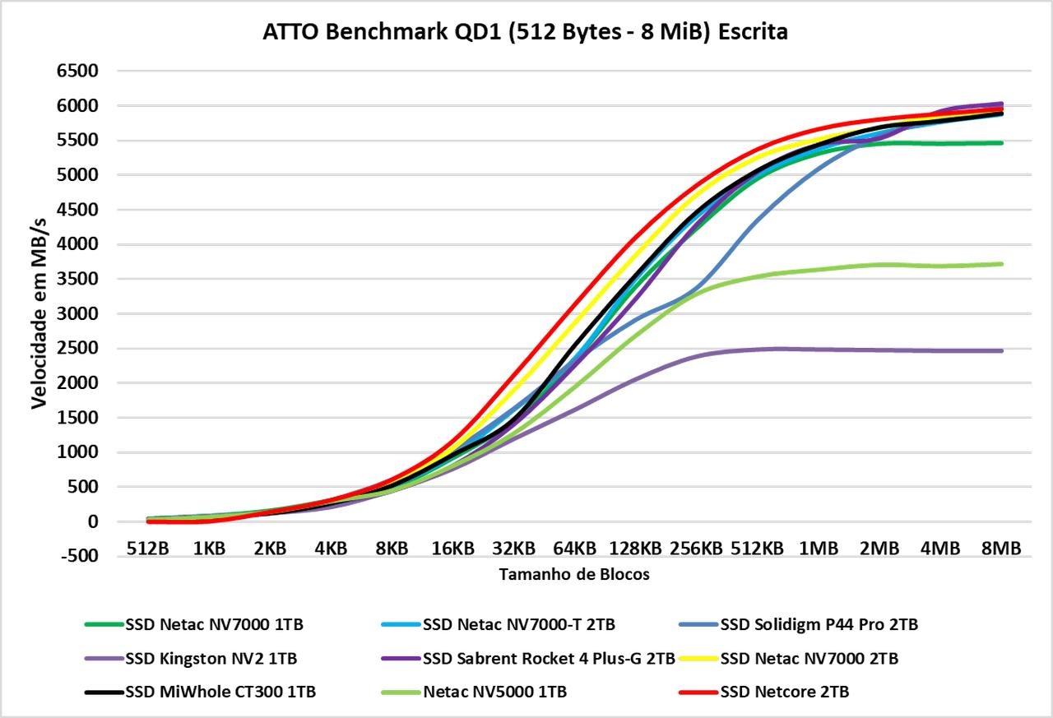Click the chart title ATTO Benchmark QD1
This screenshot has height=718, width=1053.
[525, 32]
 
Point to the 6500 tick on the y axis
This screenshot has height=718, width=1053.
[76, 72]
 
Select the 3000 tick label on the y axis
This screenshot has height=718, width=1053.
[76, 314]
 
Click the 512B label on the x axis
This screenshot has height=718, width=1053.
[147, 548]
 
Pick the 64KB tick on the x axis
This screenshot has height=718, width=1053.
[574, 548]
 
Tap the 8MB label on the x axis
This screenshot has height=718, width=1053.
[1000, 548]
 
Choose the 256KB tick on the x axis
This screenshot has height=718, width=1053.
[696, 548]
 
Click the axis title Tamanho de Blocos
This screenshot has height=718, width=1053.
[574, 575]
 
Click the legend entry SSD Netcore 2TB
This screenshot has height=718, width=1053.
[784, 693]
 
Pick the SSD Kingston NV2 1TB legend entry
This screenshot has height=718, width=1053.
[211, 659]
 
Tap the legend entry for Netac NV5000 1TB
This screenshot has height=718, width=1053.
[494, 693]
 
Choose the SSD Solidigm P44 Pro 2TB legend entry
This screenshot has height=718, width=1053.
[819, 625]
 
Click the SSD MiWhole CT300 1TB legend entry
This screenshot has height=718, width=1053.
[220, 693]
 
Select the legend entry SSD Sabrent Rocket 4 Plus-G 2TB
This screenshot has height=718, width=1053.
[549, 659]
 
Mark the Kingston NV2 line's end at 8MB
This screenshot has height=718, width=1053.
[1001, 351]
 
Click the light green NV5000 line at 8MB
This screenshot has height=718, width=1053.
[1001, 264]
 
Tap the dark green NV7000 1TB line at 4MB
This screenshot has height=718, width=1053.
[940, 144]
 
